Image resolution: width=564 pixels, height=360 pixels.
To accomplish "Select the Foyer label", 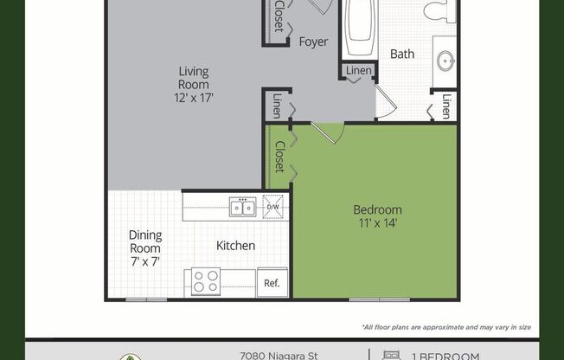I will (312, 42).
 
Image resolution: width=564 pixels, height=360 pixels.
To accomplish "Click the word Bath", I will (402, 54).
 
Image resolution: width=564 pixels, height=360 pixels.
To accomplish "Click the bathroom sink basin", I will (446, 61).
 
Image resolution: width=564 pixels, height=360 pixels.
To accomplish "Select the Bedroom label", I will (377, 209).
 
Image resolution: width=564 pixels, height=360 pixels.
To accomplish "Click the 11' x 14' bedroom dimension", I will (377, 223).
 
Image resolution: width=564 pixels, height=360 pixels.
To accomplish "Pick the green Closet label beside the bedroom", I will (279, 156).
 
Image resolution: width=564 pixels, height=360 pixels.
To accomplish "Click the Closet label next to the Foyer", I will (279, 17).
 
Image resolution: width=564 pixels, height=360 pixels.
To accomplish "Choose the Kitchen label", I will (235, 246).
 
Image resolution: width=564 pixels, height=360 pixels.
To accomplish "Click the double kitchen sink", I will (242, 207).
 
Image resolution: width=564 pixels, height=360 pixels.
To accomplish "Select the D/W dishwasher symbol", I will (272, 207).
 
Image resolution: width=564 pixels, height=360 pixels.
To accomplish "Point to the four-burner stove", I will (205, 281).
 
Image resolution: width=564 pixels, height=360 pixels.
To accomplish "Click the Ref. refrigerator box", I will (272, 282).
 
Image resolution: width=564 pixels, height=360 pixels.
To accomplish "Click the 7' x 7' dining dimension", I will (145, 260).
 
